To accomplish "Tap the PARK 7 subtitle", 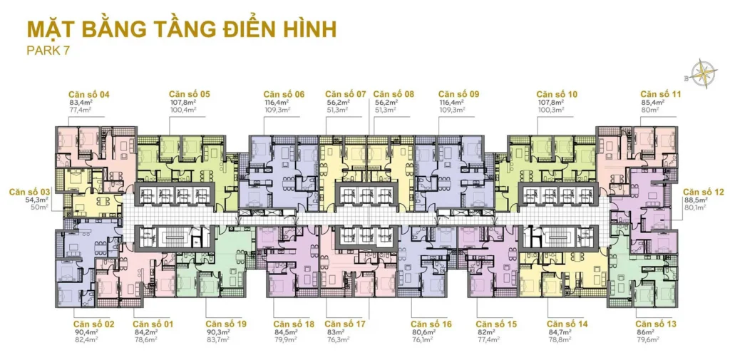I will point(48,51).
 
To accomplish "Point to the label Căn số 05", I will point(189,94).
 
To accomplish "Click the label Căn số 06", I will point(283,94).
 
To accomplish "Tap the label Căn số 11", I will point(660,94).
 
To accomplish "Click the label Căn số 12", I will point(703,192).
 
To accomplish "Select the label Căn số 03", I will point(30,192).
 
